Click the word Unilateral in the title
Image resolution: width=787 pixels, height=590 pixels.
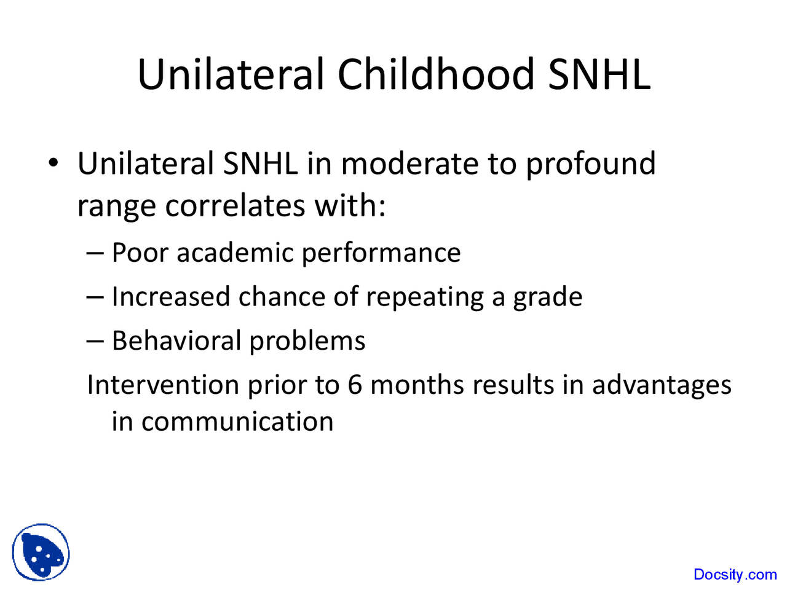click(x=231, y=75)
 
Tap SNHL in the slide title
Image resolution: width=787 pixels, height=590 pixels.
click(x=599, y=75)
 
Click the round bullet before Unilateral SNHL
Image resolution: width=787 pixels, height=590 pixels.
click(x=54, y=164)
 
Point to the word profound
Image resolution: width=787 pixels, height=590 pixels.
click(x=590, y=164)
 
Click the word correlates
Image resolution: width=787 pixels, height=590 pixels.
click(x=235, y=205)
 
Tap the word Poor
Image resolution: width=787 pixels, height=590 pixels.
click(x=140, y=253)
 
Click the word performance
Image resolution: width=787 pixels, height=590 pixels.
click(x=381, y=253)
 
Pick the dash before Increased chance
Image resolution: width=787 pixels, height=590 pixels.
click(x=96, y=297)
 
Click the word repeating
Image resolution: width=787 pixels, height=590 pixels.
click(x=425, y=297)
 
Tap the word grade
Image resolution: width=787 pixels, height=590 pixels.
click(x=548, y=297)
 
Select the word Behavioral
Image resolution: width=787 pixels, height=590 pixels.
click(x=176, y=340)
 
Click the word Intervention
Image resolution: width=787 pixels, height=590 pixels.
click(x=163, y=385)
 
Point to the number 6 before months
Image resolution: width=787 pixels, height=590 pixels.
click(x=355, y=385)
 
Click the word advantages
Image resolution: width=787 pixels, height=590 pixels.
click(x=662, y=385)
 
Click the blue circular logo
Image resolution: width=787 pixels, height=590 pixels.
click(x=41, y=552)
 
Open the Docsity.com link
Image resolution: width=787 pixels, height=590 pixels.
click(x=735, y=575)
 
